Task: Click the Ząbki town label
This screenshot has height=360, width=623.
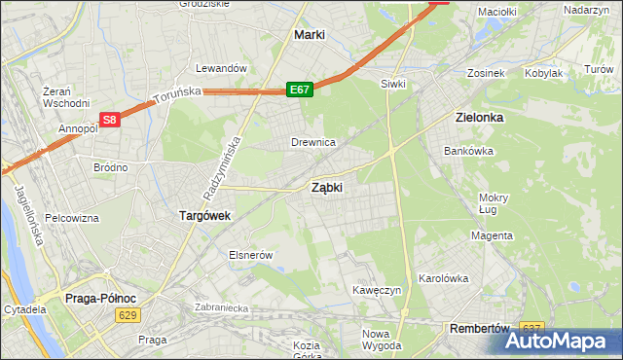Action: [326, 188]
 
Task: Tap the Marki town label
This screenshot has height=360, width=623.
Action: [309, 34]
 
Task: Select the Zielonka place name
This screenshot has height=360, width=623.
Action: [479, 117]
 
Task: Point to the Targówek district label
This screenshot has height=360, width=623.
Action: [203, 216]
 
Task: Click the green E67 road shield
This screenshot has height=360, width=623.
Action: [299, 90]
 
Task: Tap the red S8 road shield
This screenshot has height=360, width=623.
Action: [110, 121]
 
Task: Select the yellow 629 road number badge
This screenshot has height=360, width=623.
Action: [127, 314]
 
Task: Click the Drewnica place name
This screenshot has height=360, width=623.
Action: [313, 142]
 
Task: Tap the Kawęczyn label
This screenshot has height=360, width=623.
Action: [379, 290]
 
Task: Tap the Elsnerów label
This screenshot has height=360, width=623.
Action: [248, 254]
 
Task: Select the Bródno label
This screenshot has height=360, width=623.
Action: [110, 167]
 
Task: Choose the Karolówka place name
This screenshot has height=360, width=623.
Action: [444, 277]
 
